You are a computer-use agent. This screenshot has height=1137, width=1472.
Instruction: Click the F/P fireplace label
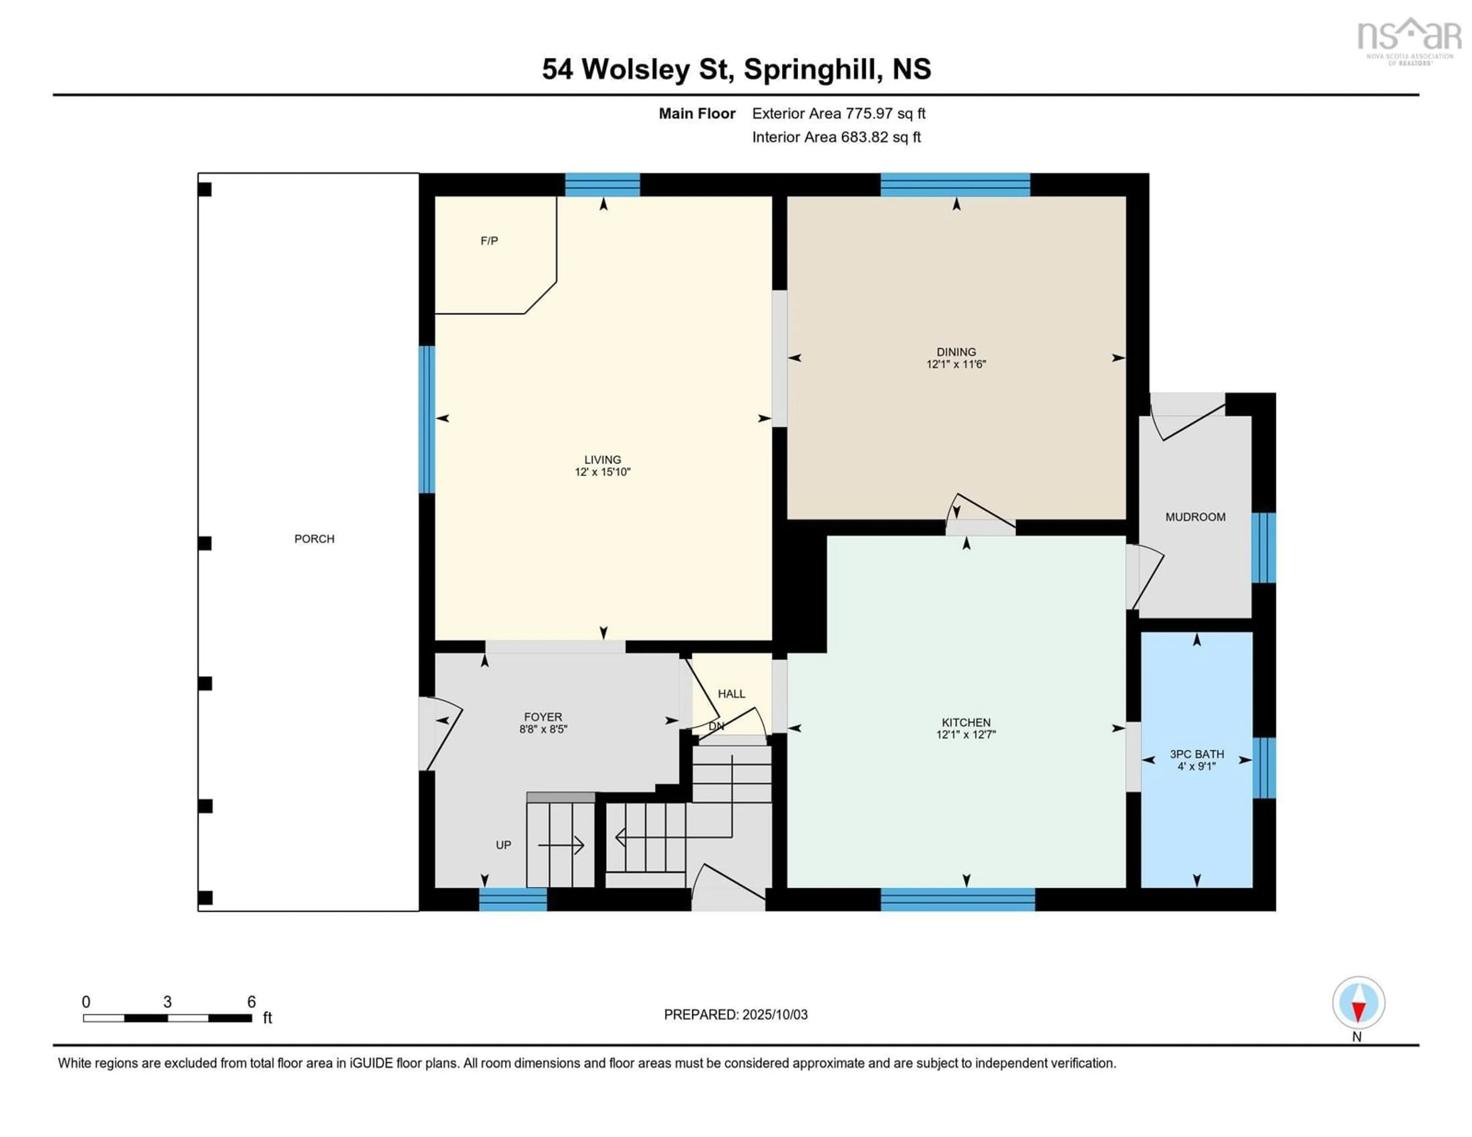[489, 241]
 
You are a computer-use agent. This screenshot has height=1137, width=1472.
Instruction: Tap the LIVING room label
[603, 460]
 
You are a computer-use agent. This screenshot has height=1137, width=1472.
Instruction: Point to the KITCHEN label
[966, 723]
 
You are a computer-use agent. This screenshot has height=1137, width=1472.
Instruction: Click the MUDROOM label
[1196, 517]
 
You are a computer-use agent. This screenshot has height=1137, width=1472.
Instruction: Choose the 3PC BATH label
[1197, 754]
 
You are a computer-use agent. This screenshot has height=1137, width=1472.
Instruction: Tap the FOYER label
[543, 717]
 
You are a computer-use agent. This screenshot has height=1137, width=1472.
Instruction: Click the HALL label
[731, 693]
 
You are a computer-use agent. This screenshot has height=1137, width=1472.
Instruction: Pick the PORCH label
[314, 539]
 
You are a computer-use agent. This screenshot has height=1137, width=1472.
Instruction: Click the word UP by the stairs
[503, 845]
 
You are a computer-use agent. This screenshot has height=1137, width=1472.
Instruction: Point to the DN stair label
[716, 726]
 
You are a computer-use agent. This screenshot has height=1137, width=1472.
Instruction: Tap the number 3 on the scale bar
[167, 1002]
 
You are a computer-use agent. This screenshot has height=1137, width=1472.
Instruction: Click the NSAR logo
[1409, 40]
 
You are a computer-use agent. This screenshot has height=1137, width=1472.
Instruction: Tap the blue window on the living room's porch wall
[427, 419]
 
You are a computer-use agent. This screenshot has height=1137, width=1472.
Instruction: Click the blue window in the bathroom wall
[1264, 768]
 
